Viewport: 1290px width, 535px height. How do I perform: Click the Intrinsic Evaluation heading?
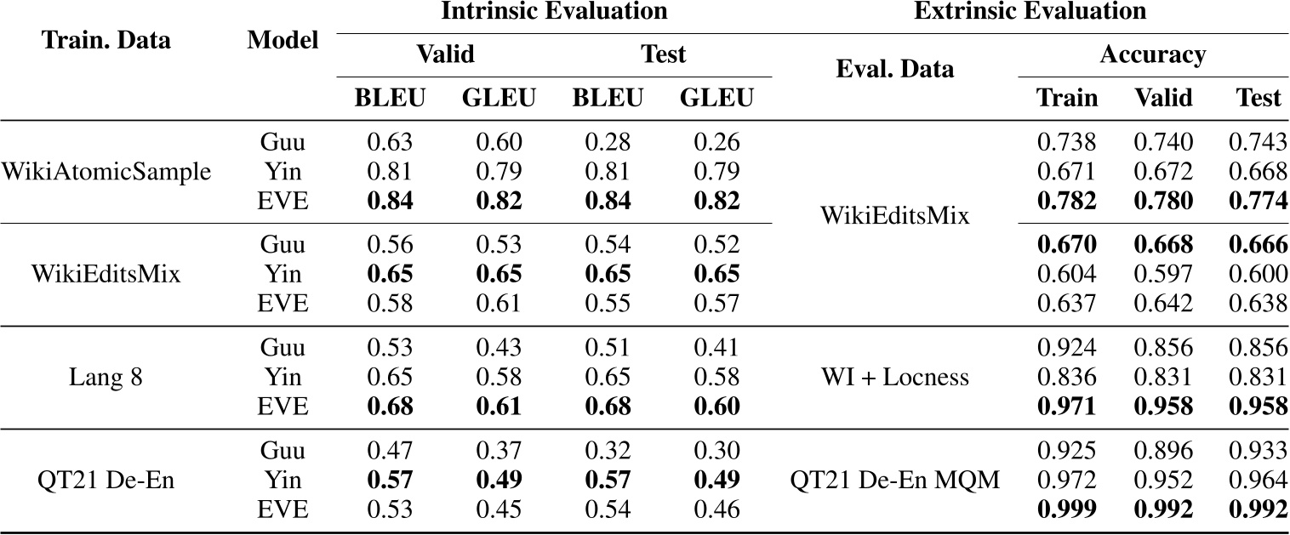(554, 12)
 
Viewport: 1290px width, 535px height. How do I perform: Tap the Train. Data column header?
(106, 41)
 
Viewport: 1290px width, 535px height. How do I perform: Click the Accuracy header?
(1152, 55)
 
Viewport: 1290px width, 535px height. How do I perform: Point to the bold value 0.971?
(1067, 405)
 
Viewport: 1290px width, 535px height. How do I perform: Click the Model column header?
(283, 41)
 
